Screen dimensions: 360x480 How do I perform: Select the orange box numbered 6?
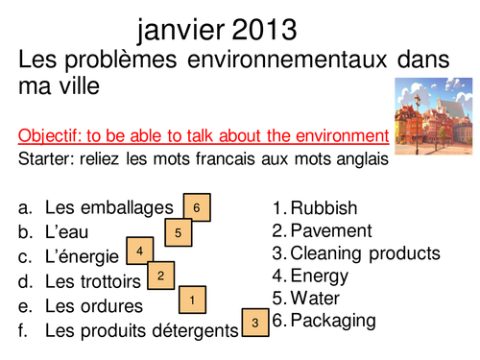(196, 207)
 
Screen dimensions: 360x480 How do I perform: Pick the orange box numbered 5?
(179, 232)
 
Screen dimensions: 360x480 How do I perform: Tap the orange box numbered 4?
(139, 252)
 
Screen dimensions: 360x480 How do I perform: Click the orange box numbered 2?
(160, 276)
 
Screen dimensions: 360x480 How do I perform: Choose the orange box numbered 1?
(193, 300)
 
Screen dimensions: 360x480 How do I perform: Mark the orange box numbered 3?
(254, 323)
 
